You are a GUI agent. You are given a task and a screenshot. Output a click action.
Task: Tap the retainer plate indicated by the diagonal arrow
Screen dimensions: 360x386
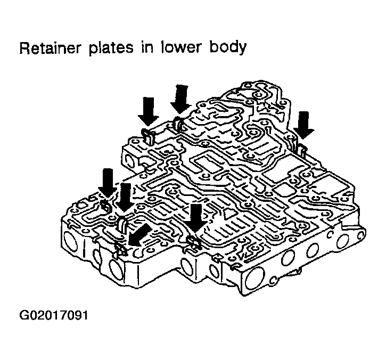point(120,248)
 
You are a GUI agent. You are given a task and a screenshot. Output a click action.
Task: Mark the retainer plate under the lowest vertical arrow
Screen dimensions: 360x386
point(193,243)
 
